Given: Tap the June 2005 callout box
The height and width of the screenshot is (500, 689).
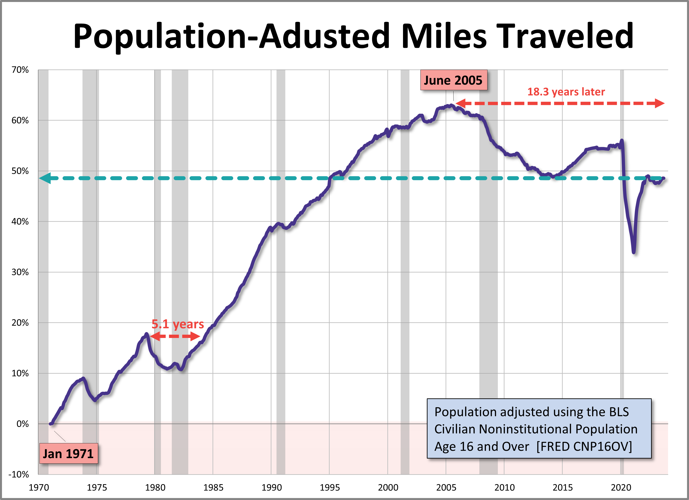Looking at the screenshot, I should tap(453, 80).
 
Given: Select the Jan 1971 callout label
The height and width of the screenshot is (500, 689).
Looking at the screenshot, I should tap(68, 453).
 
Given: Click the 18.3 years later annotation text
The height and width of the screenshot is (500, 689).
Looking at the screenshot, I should tap(566, 92).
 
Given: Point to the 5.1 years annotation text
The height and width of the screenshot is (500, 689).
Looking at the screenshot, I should tap(178, 324).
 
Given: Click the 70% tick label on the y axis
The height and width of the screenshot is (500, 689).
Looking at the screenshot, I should tap(20, 70).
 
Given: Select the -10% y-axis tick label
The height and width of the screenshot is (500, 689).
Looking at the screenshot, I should tap(19, 474).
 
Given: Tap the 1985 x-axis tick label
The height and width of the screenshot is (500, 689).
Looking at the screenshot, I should tap(213, 488).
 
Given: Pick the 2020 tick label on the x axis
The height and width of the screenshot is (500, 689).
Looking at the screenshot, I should tap(621, 488).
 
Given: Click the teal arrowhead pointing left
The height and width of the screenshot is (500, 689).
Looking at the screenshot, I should tap(45, 178).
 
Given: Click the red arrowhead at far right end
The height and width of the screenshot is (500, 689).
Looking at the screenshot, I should tap(659, 103).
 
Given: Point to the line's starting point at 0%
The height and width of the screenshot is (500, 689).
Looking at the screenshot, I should tap(51, 424).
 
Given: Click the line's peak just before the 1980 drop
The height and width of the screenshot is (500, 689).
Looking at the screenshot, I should tap(146, 334).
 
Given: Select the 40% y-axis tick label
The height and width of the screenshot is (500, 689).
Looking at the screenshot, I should tap(20, 221).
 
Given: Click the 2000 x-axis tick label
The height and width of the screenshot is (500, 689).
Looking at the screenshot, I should tap(388, 488).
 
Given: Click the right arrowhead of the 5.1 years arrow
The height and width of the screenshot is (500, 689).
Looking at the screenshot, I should tap(195, 336).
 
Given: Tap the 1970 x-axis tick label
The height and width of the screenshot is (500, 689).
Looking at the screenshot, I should tap(39, 488).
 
